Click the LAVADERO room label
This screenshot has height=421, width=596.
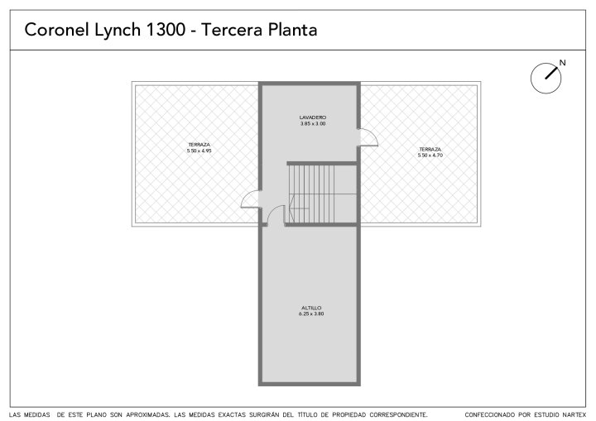[312, 117]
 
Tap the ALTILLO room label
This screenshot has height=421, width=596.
[311, 308]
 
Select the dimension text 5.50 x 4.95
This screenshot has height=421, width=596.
[199, 151]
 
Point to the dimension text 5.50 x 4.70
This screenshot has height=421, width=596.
[430, 155]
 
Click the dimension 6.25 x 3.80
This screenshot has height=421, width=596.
[311, 313]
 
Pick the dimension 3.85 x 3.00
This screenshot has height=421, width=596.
[312, 123]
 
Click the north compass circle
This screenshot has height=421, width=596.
[546, 79]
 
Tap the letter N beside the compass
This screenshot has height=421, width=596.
[563, 63]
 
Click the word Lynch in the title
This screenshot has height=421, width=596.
[118, 30]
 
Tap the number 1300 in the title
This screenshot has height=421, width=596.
[166, 30]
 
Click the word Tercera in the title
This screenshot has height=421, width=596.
[233, 30]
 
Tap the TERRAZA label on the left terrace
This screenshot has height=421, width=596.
[199, 145]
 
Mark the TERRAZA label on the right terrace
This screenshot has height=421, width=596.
[430, 150]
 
